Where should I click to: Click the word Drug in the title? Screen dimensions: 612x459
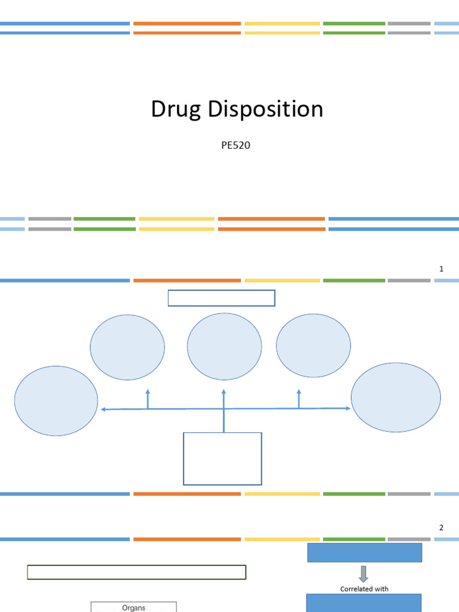176,110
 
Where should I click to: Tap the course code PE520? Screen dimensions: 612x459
235,145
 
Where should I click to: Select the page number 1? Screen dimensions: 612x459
441,269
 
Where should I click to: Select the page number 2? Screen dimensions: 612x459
441,528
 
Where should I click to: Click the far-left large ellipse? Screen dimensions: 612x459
56,400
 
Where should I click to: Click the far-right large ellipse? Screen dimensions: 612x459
396,397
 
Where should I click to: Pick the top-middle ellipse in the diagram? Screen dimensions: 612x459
224,347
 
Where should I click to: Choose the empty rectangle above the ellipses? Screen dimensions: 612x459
221,298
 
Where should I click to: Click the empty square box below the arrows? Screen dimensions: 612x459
222,458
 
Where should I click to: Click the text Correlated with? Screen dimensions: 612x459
364,589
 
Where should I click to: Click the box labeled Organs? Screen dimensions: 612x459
133,607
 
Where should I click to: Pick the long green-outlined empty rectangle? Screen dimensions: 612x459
136,572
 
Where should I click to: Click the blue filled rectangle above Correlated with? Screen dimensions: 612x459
365,552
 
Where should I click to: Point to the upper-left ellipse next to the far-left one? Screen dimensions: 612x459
127,347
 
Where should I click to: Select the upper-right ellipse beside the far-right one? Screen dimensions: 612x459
313,345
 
